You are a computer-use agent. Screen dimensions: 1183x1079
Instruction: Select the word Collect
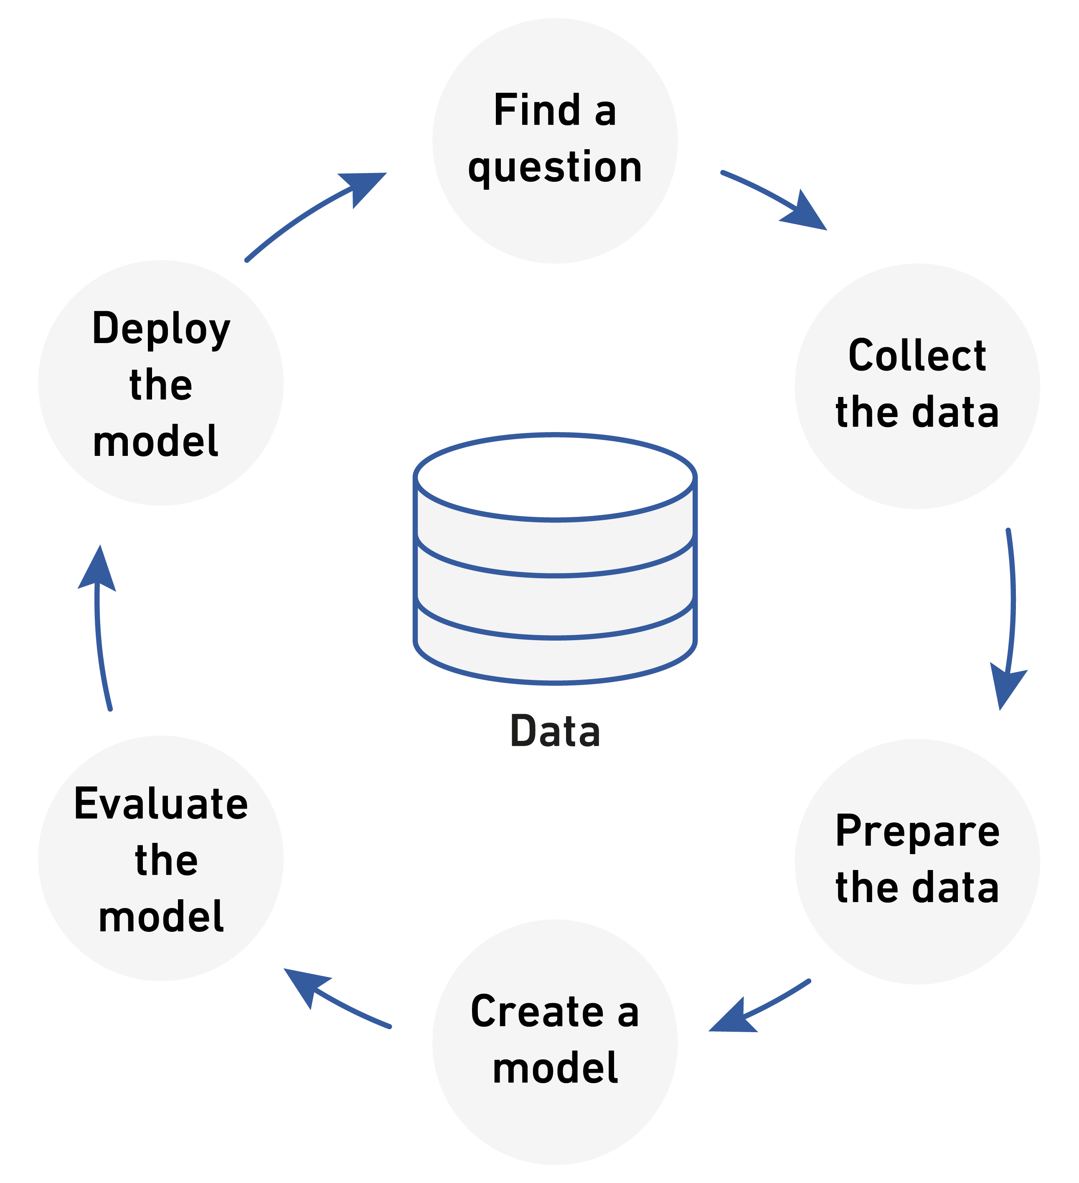(917, 356)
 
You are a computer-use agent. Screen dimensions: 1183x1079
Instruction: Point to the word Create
(537, 1011)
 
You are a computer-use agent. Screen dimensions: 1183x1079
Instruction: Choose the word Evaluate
(161, 804)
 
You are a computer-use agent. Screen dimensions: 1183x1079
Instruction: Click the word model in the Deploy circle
(155, 441)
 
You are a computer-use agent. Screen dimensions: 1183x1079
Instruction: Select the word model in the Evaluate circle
(161, 916)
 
